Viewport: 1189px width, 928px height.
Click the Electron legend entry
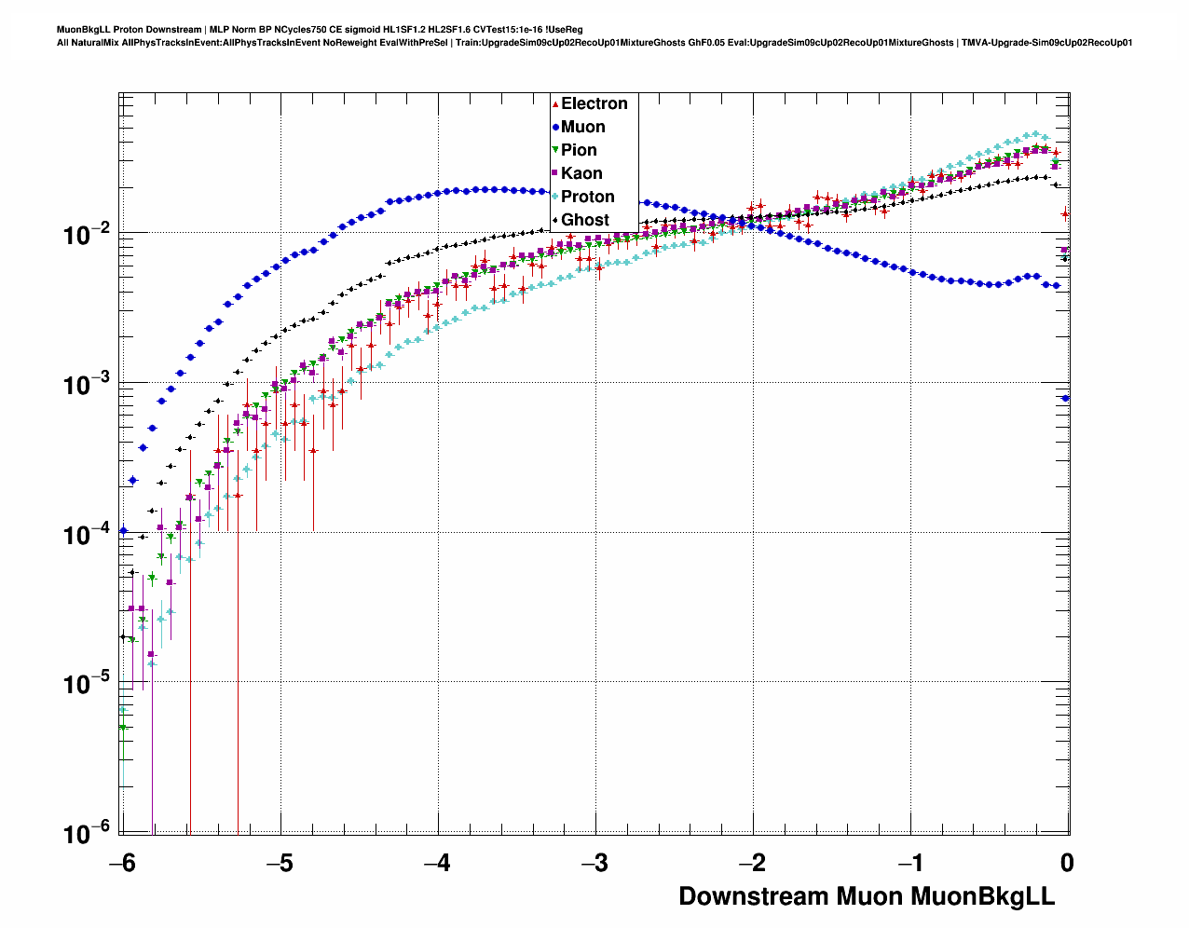[x=594, y=103]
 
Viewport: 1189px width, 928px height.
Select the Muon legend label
[x=582, y=127]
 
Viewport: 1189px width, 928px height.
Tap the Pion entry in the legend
[x=579, y=150]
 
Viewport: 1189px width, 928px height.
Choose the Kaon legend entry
[x=581, y=173]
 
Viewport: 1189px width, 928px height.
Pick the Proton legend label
[x=587, y=197]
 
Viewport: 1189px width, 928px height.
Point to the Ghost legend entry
[x=584, y=220]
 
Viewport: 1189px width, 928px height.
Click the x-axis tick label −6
[x=121, y=864]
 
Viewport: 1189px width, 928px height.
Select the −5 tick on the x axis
[x=280, y=864]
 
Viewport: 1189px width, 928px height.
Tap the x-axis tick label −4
[x=437, y=864]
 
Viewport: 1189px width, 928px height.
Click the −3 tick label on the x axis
[x=594, y=864]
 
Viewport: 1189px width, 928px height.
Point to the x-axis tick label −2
[x=752, y=864]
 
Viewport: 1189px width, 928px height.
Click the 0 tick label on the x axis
[x=1067, y=864]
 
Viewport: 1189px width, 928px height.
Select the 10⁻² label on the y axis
[x=88, y=234]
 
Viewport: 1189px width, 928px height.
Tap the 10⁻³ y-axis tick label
[x=88, y=384]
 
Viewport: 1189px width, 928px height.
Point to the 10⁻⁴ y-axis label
[x=88, y=534]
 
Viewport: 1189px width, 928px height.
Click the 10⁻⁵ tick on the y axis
[x=88, y=684]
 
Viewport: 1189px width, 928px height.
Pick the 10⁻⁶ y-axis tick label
[x=88, y=833]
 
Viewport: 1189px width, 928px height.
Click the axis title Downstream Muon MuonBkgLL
[x=867, y=896]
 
